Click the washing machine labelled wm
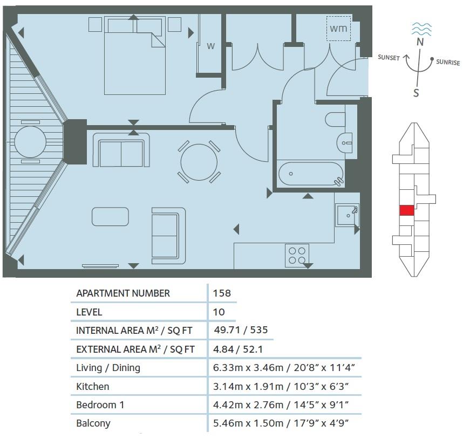coord(338,28)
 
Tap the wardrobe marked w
coord(210,46)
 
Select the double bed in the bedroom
coord(133,57)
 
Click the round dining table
coord(199,162)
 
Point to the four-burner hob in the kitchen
coord(297,255)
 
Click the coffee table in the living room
coord(110,216)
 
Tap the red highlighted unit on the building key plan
coord(406,210)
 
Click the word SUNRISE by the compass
coord(448,63)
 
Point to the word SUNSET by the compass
coord(389,58)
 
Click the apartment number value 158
coord(222,293)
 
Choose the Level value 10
coord(219,312)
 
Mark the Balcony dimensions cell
coord(284,423)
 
